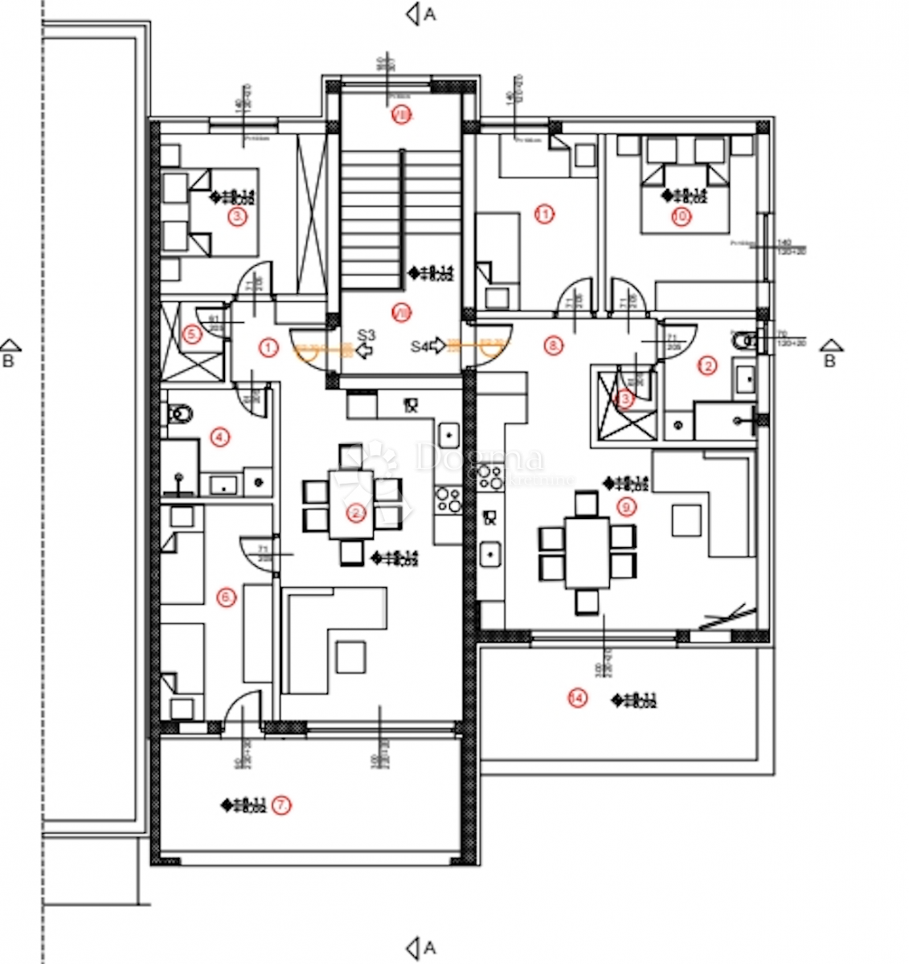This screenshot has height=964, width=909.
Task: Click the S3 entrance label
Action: pos(366,336)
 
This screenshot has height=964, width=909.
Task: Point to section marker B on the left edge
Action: pos(9,354)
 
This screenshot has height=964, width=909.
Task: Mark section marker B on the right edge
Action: pos(830,354)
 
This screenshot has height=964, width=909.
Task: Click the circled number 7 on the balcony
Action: pos(280,804)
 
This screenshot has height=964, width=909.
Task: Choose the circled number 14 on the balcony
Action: pos(576,698)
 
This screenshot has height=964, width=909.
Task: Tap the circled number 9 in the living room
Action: pos(627,506)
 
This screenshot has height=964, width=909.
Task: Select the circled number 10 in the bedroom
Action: pos(681,217)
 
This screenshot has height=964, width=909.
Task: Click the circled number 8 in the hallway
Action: pos(553,345)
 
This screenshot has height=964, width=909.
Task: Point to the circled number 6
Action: pos(227,597)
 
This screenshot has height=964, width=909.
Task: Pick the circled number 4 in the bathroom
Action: pos(219,438)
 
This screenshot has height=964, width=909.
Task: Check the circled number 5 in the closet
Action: pos(191,334)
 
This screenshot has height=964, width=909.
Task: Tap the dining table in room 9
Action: pos(587,553)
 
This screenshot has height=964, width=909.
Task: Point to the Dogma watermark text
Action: pos(480,460)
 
